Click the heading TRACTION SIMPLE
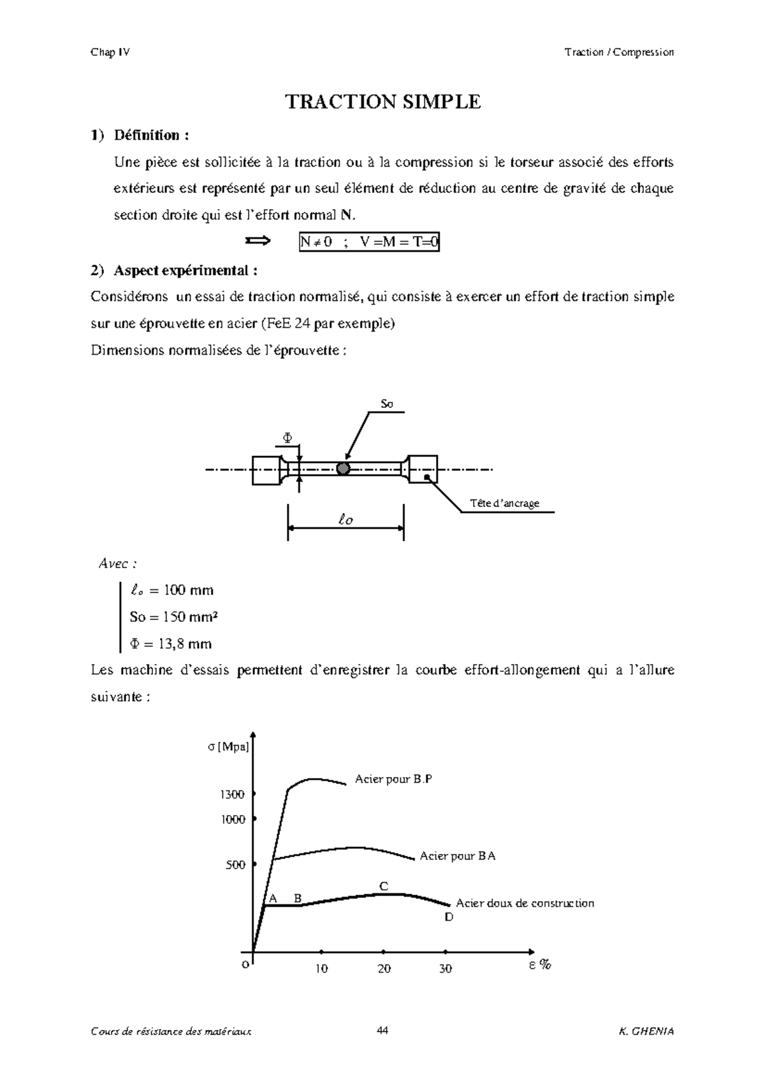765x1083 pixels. pos(382,102)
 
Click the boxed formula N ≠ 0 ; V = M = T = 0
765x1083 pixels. pos(369,242)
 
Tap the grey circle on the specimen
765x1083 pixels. pos(344,469)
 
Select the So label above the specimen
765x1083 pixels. pos(387,404)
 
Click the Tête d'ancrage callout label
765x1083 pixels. pos(504,503)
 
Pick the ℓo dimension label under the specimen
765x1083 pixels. pos(346,520)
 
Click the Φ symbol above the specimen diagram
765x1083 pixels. pos(288,438)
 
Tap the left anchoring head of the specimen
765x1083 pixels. pos(266,470)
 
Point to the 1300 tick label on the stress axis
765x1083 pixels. pos(233,795)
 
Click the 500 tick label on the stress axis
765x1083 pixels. pos(235,866)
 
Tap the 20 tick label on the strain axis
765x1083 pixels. pos(384,969)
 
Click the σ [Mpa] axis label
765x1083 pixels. pos(228,748)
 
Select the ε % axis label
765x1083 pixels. pos(539,965)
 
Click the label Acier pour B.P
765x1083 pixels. pos(393,779)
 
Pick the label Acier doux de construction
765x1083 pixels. pos(525,903)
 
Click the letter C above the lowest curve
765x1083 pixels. pos(384,887)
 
